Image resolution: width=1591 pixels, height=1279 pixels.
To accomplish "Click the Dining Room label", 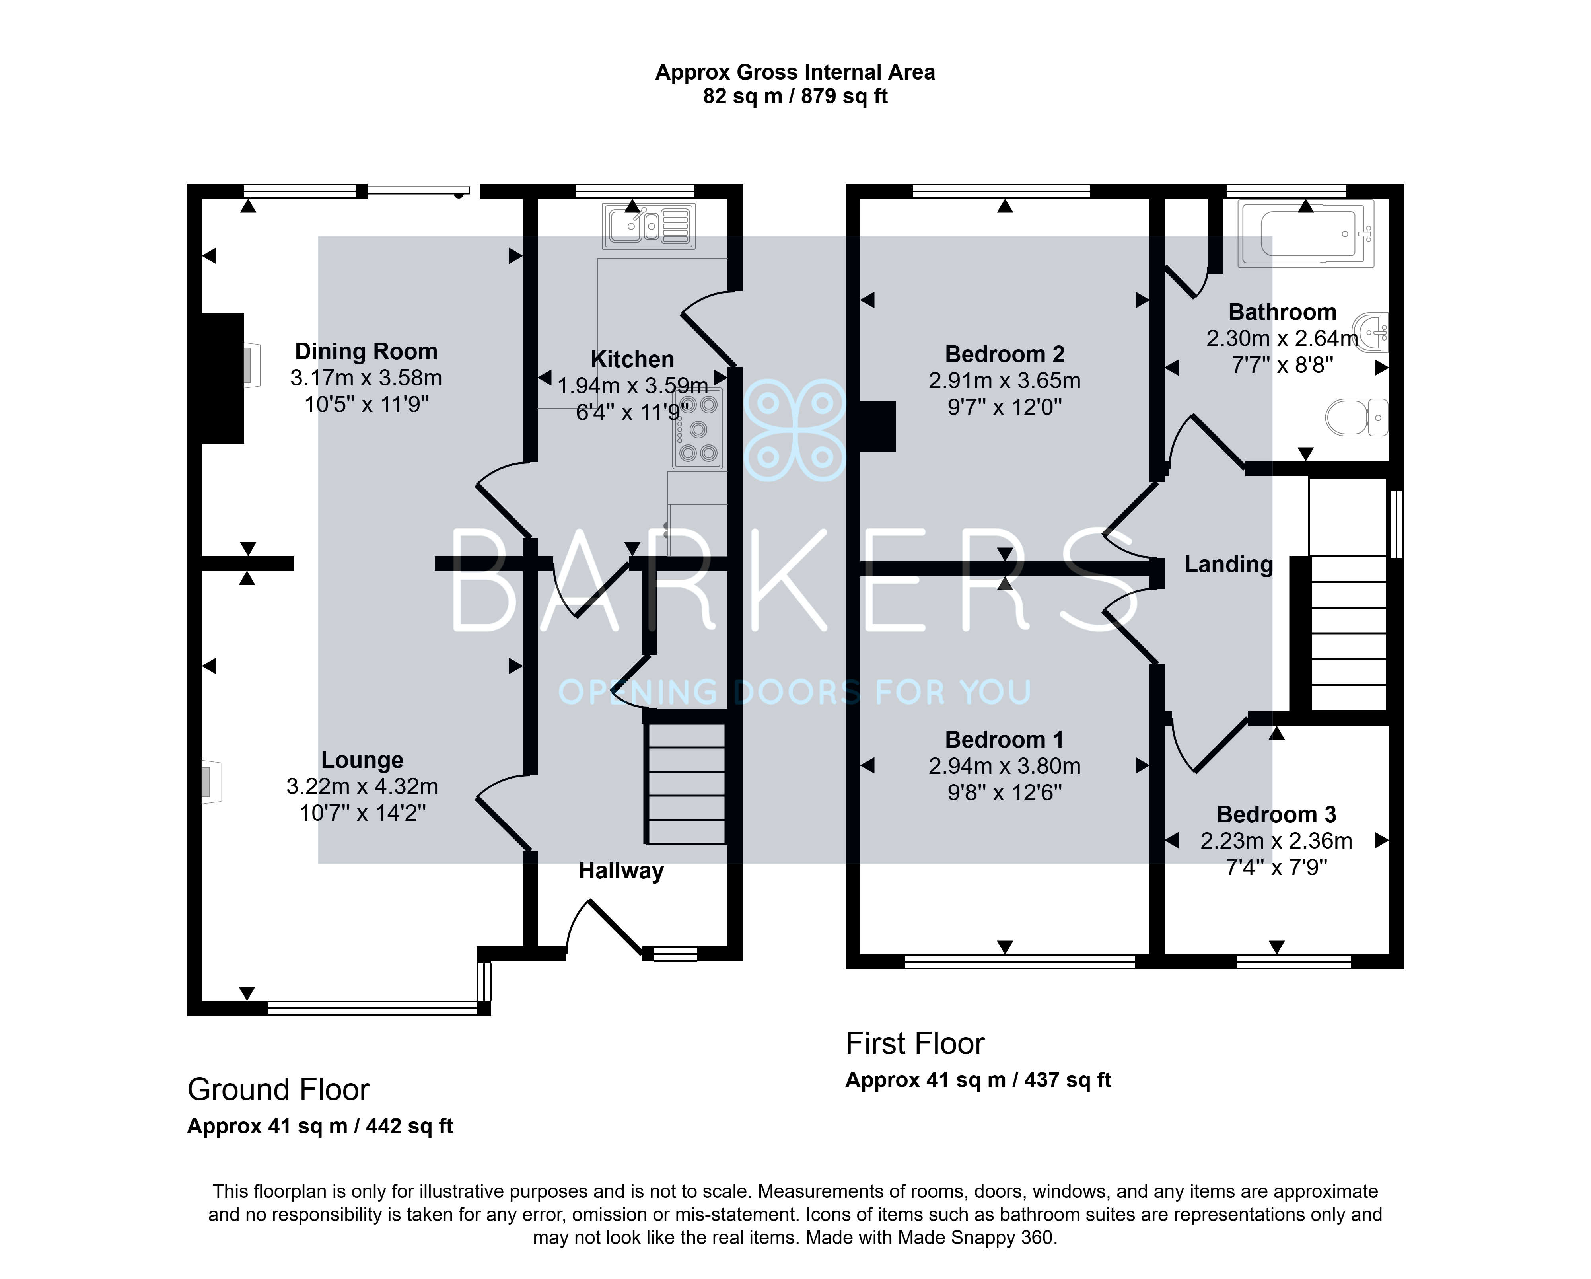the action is click(x=366, y=351).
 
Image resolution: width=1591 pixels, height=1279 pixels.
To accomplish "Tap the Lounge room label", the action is click(x=362, y=760).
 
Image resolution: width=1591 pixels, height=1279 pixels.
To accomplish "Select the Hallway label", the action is click(x=621, y=871).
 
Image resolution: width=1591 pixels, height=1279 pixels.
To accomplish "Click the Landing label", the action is click(x=1229, y=565).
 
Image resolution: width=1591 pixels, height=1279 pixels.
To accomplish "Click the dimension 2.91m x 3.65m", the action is click(x=1004, y=381).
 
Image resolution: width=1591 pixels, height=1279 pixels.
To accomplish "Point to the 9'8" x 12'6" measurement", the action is click(x=1004, y=792).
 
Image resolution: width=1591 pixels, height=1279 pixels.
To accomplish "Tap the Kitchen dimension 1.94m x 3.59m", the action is click(x=632, y=386).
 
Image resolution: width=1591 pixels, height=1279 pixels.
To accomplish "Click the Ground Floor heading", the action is click(x=278, y=1090).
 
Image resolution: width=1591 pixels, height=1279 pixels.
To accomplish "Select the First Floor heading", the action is click(x=915, y=1043).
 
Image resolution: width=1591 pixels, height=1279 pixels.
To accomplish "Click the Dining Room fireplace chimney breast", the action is click(x=223, y=379).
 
